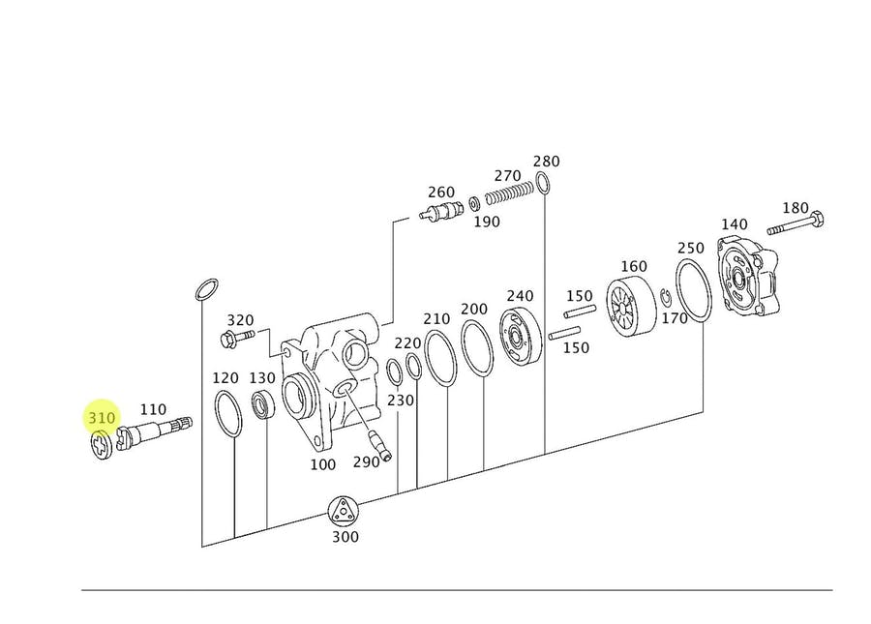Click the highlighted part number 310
coord(102,418)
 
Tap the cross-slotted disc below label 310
coord(102,445)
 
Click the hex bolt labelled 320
coord(237,338)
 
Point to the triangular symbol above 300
coord(343,511)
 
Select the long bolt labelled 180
coord(796,223)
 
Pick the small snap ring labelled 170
coord(666,297)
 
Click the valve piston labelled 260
coord(441,212)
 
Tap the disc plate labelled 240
coord(521,337)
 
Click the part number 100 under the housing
coord(322,464)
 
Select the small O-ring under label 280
coord(543,183)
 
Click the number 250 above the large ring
coord(690,248)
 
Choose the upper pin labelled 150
coord(580,311)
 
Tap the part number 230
coord(401,400)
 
